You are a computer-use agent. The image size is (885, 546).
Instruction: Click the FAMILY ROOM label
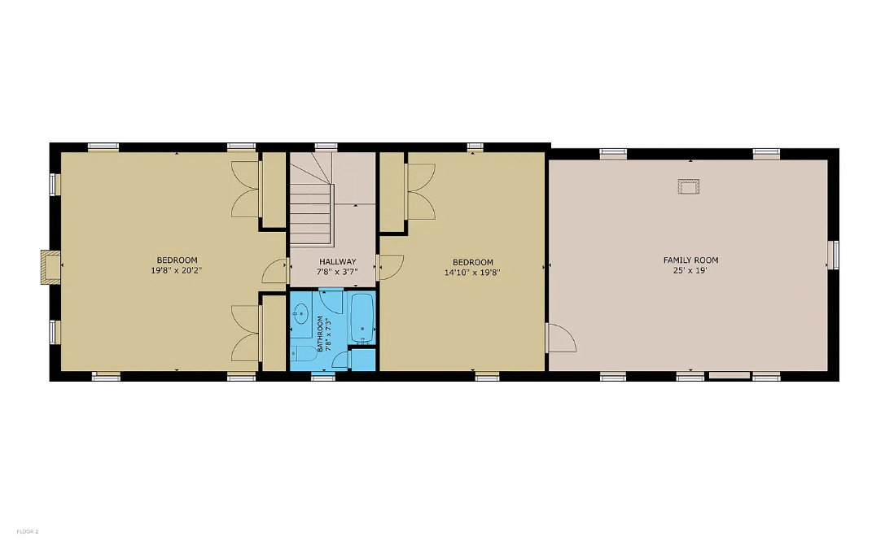point(690,260)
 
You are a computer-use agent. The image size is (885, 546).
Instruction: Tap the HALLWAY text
point(338,262)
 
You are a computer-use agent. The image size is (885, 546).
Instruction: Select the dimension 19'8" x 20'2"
point(177,270)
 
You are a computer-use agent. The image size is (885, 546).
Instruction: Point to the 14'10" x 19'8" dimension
point(472,273)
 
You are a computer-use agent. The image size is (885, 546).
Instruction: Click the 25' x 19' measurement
point(690,270)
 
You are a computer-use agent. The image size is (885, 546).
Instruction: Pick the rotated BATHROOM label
point(320,334)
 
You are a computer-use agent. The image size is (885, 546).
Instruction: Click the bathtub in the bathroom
point(362,318)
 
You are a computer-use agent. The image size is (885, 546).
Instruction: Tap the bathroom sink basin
point(300,312)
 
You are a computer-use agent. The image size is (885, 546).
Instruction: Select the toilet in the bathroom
point(303,353)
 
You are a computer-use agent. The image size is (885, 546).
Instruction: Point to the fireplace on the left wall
point(50,267)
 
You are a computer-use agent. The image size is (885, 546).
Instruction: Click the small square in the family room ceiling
point(689,186)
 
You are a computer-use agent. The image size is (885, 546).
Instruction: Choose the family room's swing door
point(560,338)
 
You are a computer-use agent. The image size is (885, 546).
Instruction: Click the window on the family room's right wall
point(833,255)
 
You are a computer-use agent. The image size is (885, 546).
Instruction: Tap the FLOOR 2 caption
point(28,531)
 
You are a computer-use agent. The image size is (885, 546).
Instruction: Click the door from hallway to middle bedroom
point(389,268)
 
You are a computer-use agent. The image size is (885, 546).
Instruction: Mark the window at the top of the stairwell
point(326,146)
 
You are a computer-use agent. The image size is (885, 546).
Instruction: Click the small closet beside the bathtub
point(363,360)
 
